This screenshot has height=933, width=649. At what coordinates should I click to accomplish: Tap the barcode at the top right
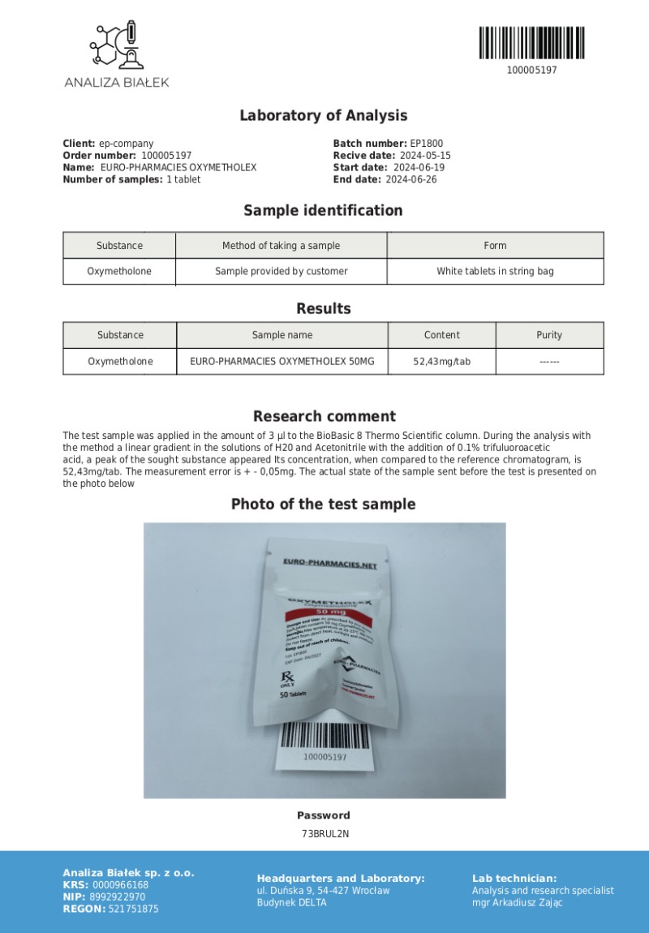531,43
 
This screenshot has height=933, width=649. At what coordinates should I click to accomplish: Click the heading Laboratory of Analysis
323,115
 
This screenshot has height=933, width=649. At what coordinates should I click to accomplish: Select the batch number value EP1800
427,144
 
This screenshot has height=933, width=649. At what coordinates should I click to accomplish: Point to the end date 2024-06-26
410,179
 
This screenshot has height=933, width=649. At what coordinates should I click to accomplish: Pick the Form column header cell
495,246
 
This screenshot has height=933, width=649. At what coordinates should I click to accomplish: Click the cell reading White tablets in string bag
495,271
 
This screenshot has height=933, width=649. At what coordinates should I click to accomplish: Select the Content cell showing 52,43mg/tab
441,361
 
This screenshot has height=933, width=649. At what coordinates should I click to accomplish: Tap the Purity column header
549,335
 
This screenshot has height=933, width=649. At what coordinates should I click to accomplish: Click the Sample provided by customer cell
282,271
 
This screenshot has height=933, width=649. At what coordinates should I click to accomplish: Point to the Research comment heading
324,416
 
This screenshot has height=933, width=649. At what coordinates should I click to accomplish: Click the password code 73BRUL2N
324,833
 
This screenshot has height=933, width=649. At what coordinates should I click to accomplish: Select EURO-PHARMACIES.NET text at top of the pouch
330,563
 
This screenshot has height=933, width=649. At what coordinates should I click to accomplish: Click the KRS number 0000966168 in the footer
121,885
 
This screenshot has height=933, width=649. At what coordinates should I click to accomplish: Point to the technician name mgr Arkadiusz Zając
518,902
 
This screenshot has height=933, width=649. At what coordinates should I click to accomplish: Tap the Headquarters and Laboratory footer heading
341,879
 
